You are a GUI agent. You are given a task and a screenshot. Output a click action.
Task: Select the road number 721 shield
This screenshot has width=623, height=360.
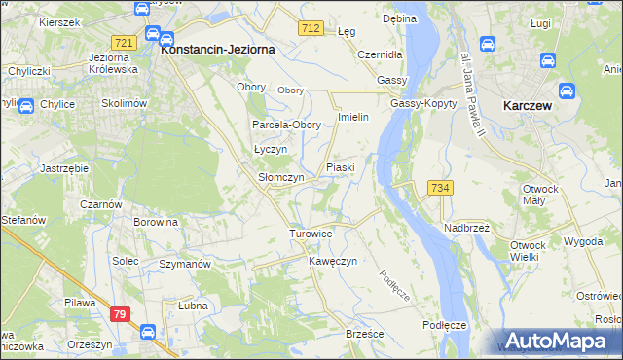click(x=124, y=43)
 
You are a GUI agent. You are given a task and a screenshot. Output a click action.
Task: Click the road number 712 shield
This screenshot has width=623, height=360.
click(x=311, y=30)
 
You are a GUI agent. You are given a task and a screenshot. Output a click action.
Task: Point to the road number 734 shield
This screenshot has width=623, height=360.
click(x=439, y=187)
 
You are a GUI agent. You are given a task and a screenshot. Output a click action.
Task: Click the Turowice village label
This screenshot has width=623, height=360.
click(x=311, y=234)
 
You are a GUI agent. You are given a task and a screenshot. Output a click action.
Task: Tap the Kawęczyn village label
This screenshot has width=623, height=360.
click(x=334, y=262)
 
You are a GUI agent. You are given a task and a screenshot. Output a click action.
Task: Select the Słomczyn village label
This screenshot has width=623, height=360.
click(x=280, y=178)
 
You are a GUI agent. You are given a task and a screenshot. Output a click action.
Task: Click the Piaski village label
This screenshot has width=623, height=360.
click(x=341, y=167)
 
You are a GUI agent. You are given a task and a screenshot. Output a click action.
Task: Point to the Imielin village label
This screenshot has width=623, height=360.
click(x=351, y=117)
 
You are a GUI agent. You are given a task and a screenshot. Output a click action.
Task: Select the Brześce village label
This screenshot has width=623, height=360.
click(x=365, y=334)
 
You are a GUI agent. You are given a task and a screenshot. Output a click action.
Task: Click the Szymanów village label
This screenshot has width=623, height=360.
click(x=185, y=265)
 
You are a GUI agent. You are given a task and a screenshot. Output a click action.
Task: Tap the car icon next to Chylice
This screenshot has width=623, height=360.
click(x=26, y=106)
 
